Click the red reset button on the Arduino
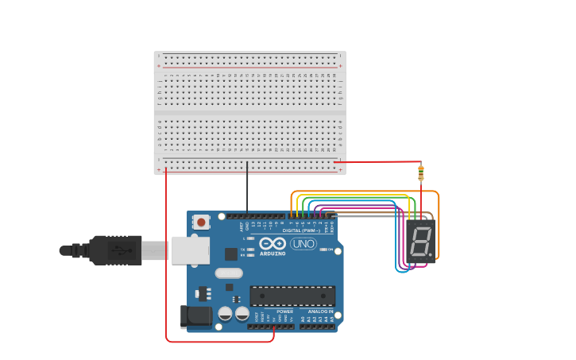coord(202,222)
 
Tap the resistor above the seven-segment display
coord(420,172)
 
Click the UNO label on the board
coord(303,244)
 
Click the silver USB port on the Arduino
coord(189,250)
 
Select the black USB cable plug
coord(115,250)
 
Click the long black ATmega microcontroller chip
coord(292,296)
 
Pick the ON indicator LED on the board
coord(327,250)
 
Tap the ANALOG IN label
coord(321,312)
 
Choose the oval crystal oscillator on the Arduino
coord(229,273)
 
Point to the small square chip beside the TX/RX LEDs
coord(231,254)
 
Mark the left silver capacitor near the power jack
coord(226,313)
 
